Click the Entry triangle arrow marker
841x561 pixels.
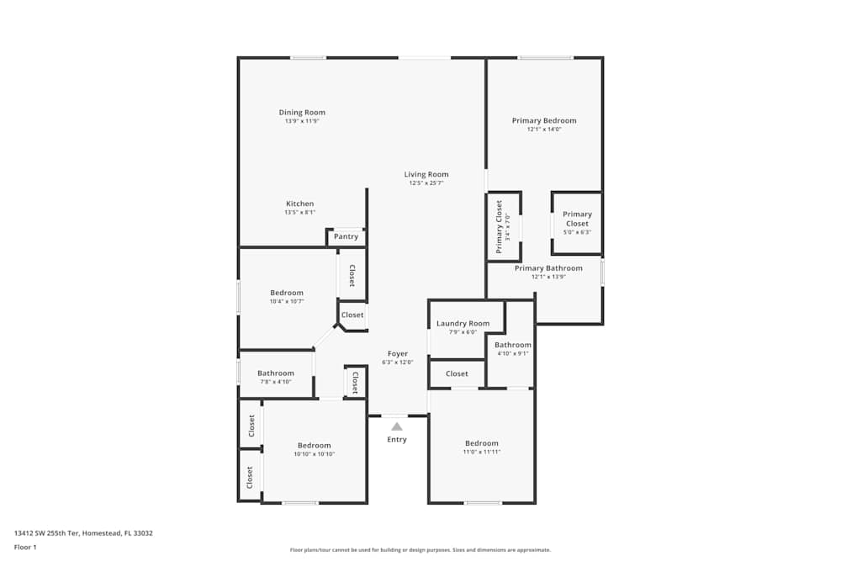tap(397, 426)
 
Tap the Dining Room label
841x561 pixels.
tap(302, 113)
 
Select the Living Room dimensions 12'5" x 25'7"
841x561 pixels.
tap(426, 183)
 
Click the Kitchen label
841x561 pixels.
tap(300, 204)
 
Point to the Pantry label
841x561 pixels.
tap(346, 236)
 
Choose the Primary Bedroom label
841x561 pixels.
tap(544, 120)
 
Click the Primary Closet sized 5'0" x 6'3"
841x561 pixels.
tap(577, 219)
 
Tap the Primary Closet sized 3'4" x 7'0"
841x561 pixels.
tap(503, 226)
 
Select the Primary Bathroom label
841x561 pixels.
tap(548, 268)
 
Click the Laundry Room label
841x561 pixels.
tap(463, 324)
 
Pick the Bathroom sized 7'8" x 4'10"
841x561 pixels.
tap(276, 373)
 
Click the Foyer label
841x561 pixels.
tap(398, 354)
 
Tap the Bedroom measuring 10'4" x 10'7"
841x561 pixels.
tap(287, 293)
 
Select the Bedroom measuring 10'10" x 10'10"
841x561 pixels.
tap(315, 446)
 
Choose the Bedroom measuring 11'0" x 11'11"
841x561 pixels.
tap(482, 443)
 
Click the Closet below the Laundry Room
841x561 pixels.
tap(457, 373)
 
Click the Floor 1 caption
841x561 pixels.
tap(25, 547)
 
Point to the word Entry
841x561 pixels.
tap(397, 440)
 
